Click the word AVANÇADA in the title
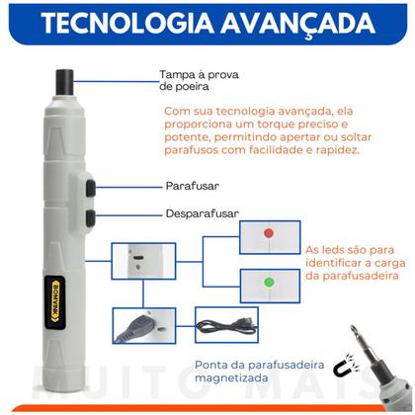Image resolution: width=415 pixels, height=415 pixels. (294, 23)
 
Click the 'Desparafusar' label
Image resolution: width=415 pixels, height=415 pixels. (201, 212)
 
